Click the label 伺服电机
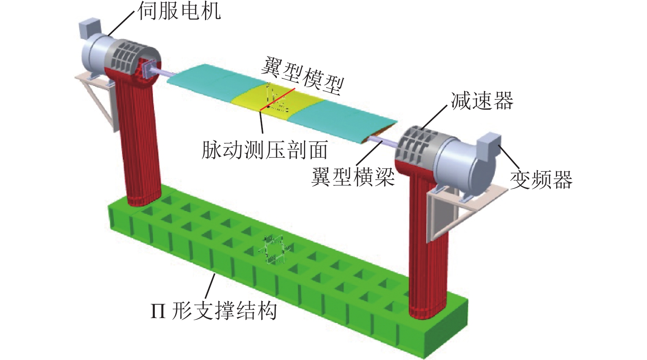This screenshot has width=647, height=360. (179, 12)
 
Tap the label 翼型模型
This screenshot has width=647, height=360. (302, 75)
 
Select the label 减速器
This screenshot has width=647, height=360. (482, 101)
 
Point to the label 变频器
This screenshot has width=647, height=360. (541, 180)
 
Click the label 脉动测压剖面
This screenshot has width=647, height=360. (265, 150)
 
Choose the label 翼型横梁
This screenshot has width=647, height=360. (353, 177)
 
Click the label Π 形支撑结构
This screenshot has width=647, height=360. (214, 311)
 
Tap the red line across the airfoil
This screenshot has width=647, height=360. (277, 99)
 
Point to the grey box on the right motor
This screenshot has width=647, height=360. (488, 144)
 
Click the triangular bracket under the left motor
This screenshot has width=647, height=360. (97, 99)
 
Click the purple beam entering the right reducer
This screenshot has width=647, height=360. (382, 141)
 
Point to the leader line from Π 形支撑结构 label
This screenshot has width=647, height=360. (210, 287)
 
